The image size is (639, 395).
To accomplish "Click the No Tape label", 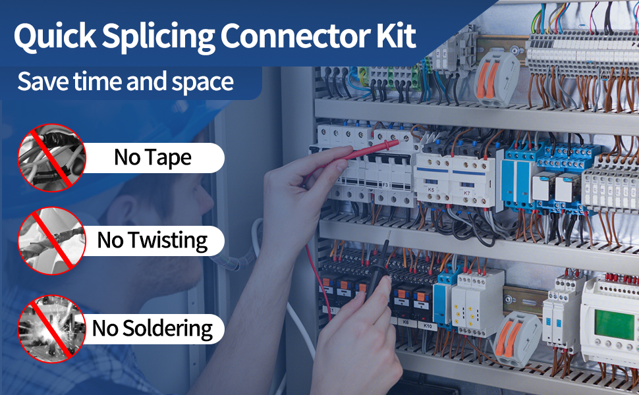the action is click(x=153, y=158).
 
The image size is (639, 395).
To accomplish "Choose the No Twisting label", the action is click(x=152, y=240).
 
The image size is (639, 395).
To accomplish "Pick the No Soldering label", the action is click(x=152, y=328).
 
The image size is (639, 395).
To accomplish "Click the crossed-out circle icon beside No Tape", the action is click(x=51, y=158).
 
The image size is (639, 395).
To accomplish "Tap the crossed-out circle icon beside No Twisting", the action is click(x=51, y=240).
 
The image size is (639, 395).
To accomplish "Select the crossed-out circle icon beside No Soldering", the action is click(x=51, y=328).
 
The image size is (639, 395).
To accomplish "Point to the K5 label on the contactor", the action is click(x=431, y=189).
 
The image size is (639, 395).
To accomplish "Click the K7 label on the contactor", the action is click(x=466, y=192).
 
